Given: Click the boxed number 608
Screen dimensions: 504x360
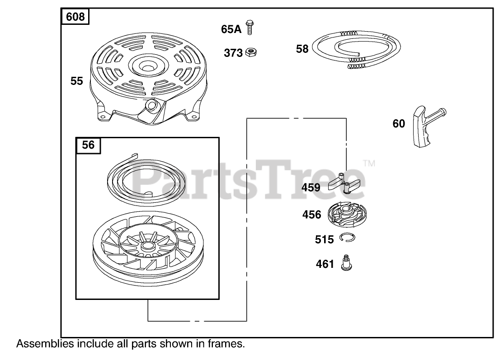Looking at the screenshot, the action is [x=75, y=17].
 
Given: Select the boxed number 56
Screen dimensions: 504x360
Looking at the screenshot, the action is [x=88, y=145].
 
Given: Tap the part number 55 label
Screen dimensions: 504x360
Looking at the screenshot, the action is [x=77, y=81].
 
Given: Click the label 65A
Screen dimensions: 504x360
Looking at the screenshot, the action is [x=231, y=29].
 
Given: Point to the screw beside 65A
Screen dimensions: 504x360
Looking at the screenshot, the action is [x=249, y=27].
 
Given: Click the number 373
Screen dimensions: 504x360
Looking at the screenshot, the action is [x=233, y=53].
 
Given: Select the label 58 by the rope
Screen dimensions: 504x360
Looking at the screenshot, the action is [x=302, y=48].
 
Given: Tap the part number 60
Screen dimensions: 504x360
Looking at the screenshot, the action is [x=399, y=123].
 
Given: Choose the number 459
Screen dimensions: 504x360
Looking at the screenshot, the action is [x=311, y=187].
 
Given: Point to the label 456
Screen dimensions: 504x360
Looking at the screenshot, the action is [x=312, y=215].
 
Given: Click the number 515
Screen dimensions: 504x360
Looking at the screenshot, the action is [x=324, y=239].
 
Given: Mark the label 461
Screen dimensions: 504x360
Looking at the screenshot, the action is [x=325, y=264].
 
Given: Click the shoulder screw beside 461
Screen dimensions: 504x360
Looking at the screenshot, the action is [x=347, y=262].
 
